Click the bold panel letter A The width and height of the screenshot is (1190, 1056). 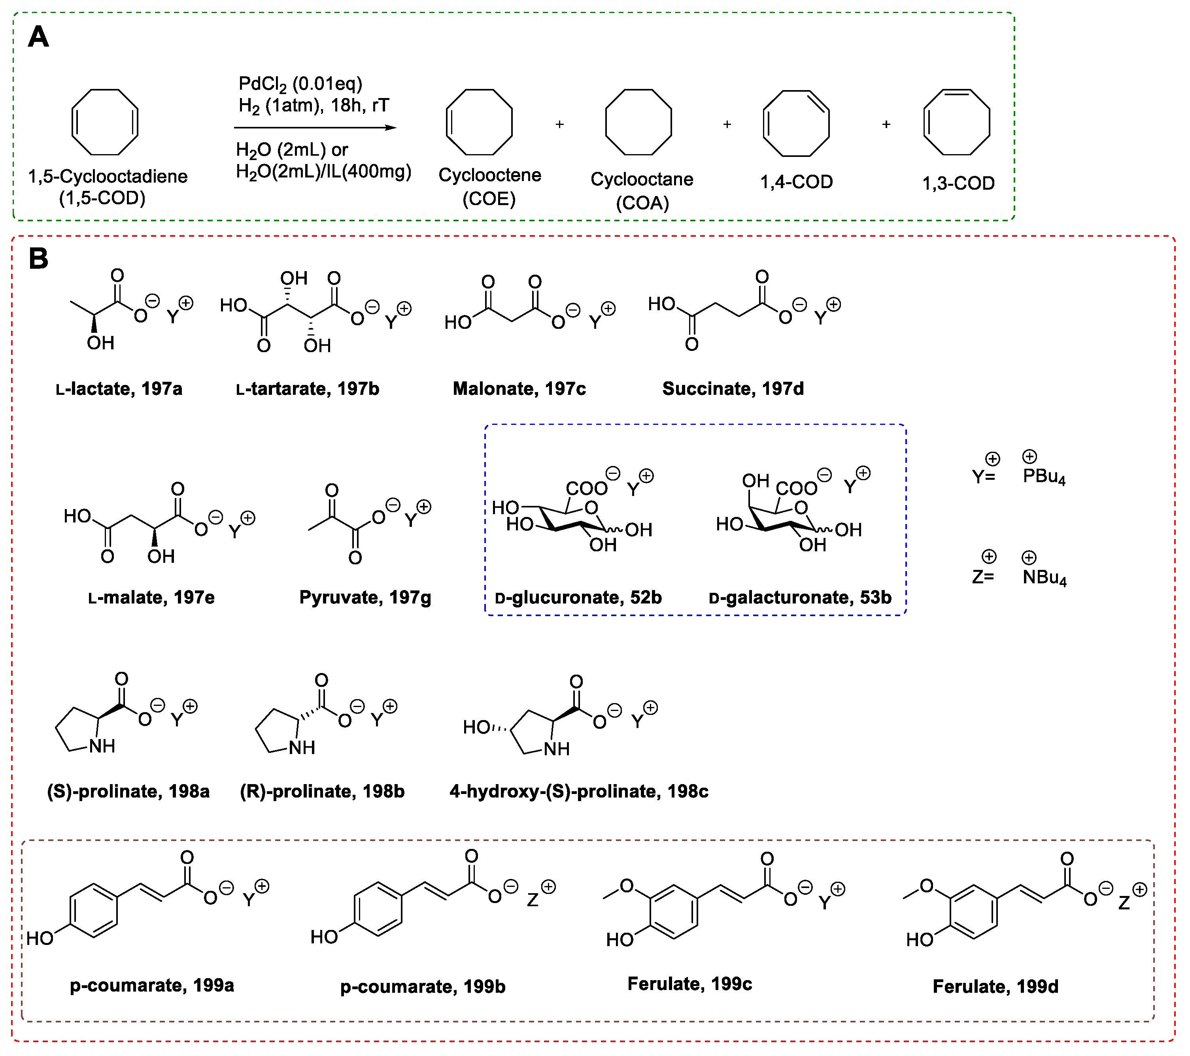point(38,37)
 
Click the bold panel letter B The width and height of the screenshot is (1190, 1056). point(38,258)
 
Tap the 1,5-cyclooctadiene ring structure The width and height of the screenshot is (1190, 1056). point(105,122)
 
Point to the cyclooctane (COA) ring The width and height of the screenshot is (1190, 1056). point(638,122)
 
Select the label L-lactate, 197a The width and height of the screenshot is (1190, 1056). point(119,389)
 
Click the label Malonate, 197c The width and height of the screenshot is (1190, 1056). point(519,389)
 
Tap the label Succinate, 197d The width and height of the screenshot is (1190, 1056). point(733,389)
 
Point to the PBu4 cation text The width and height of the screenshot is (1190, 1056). point(1043,476)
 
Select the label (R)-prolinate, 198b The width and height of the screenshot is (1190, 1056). point(322,791)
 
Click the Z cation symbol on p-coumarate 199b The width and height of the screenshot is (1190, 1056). point(533,901)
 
